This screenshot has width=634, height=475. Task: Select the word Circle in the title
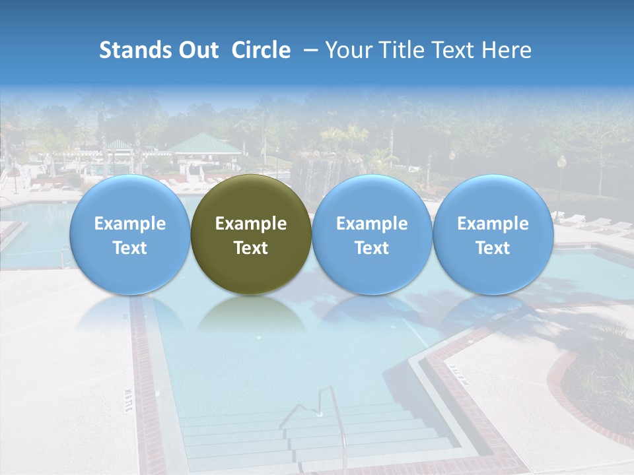(261, 50)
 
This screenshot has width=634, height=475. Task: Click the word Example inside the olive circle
(251, 224)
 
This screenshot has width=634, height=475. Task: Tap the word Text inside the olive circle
(251, 248)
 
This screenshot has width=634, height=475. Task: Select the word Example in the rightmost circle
(493, 224)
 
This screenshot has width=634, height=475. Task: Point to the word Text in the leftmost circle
(129, 248)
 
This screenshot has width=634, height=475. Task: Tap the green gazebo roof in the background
(203, 143)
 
